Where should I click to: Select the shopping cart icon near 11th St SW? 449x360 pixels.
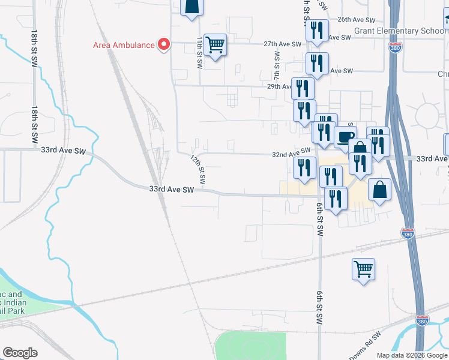[x=215, y=44]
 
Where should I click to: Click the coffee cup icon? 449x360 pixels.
[x=345, y=137]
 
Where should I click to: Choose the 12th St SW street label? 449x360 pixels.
[x=198, y=169]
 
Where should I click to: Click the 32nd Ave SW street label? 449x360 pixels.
[x=291, y=154]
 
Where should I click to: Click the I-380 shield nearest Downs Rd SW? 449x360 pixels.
[x=423, y=322]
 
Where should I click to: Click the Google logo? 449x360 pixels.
[x=20, y=353]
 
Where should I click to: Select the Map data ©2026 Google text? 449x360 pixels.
[x=411, y=355]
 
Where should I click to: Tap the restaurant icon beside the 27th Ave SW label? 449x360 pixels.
[x=317, y=30]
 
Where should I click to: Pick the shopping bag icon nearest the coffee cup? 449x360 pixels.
[x=360, y=148]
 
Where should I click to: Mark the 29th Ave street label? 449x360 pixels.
[x=280, y=86]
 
